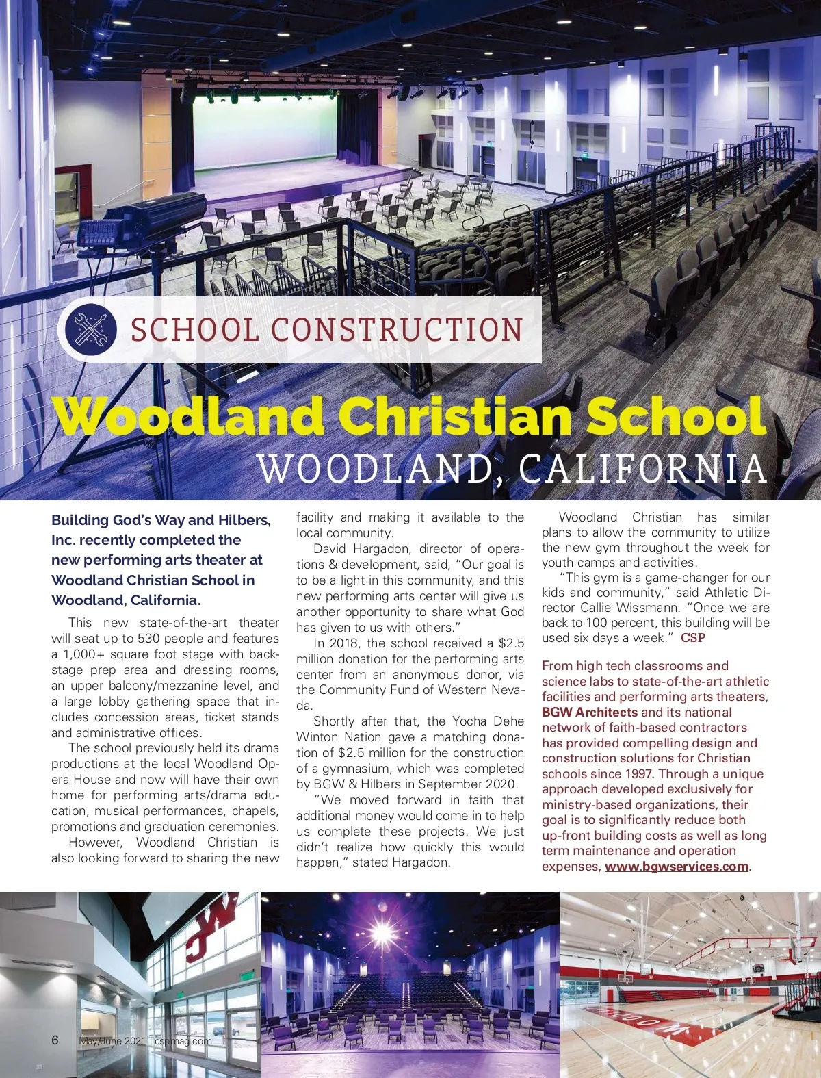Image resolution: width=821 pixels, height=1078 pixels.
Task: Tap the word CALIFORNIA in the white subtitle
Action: [x=642, y=470]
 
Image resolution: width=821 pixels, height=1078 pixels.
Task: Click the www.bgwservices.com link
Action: [x=676, y=867]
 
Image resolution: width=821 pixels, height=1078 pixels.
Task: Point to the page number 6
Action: [x=55, y=1040]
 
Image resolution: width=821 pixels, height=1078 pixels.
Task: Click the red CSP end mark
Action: [x=692, y=638]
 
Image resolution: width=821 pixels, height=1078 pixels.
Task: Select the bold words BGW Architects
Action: [x=589, y=713]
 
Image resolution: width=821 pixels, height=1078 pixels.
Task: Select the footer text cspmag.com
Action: [x=183, y=1041]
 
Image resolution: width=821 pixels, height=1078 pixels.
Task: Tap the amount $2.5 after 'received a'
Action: [x=511, y=643]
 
